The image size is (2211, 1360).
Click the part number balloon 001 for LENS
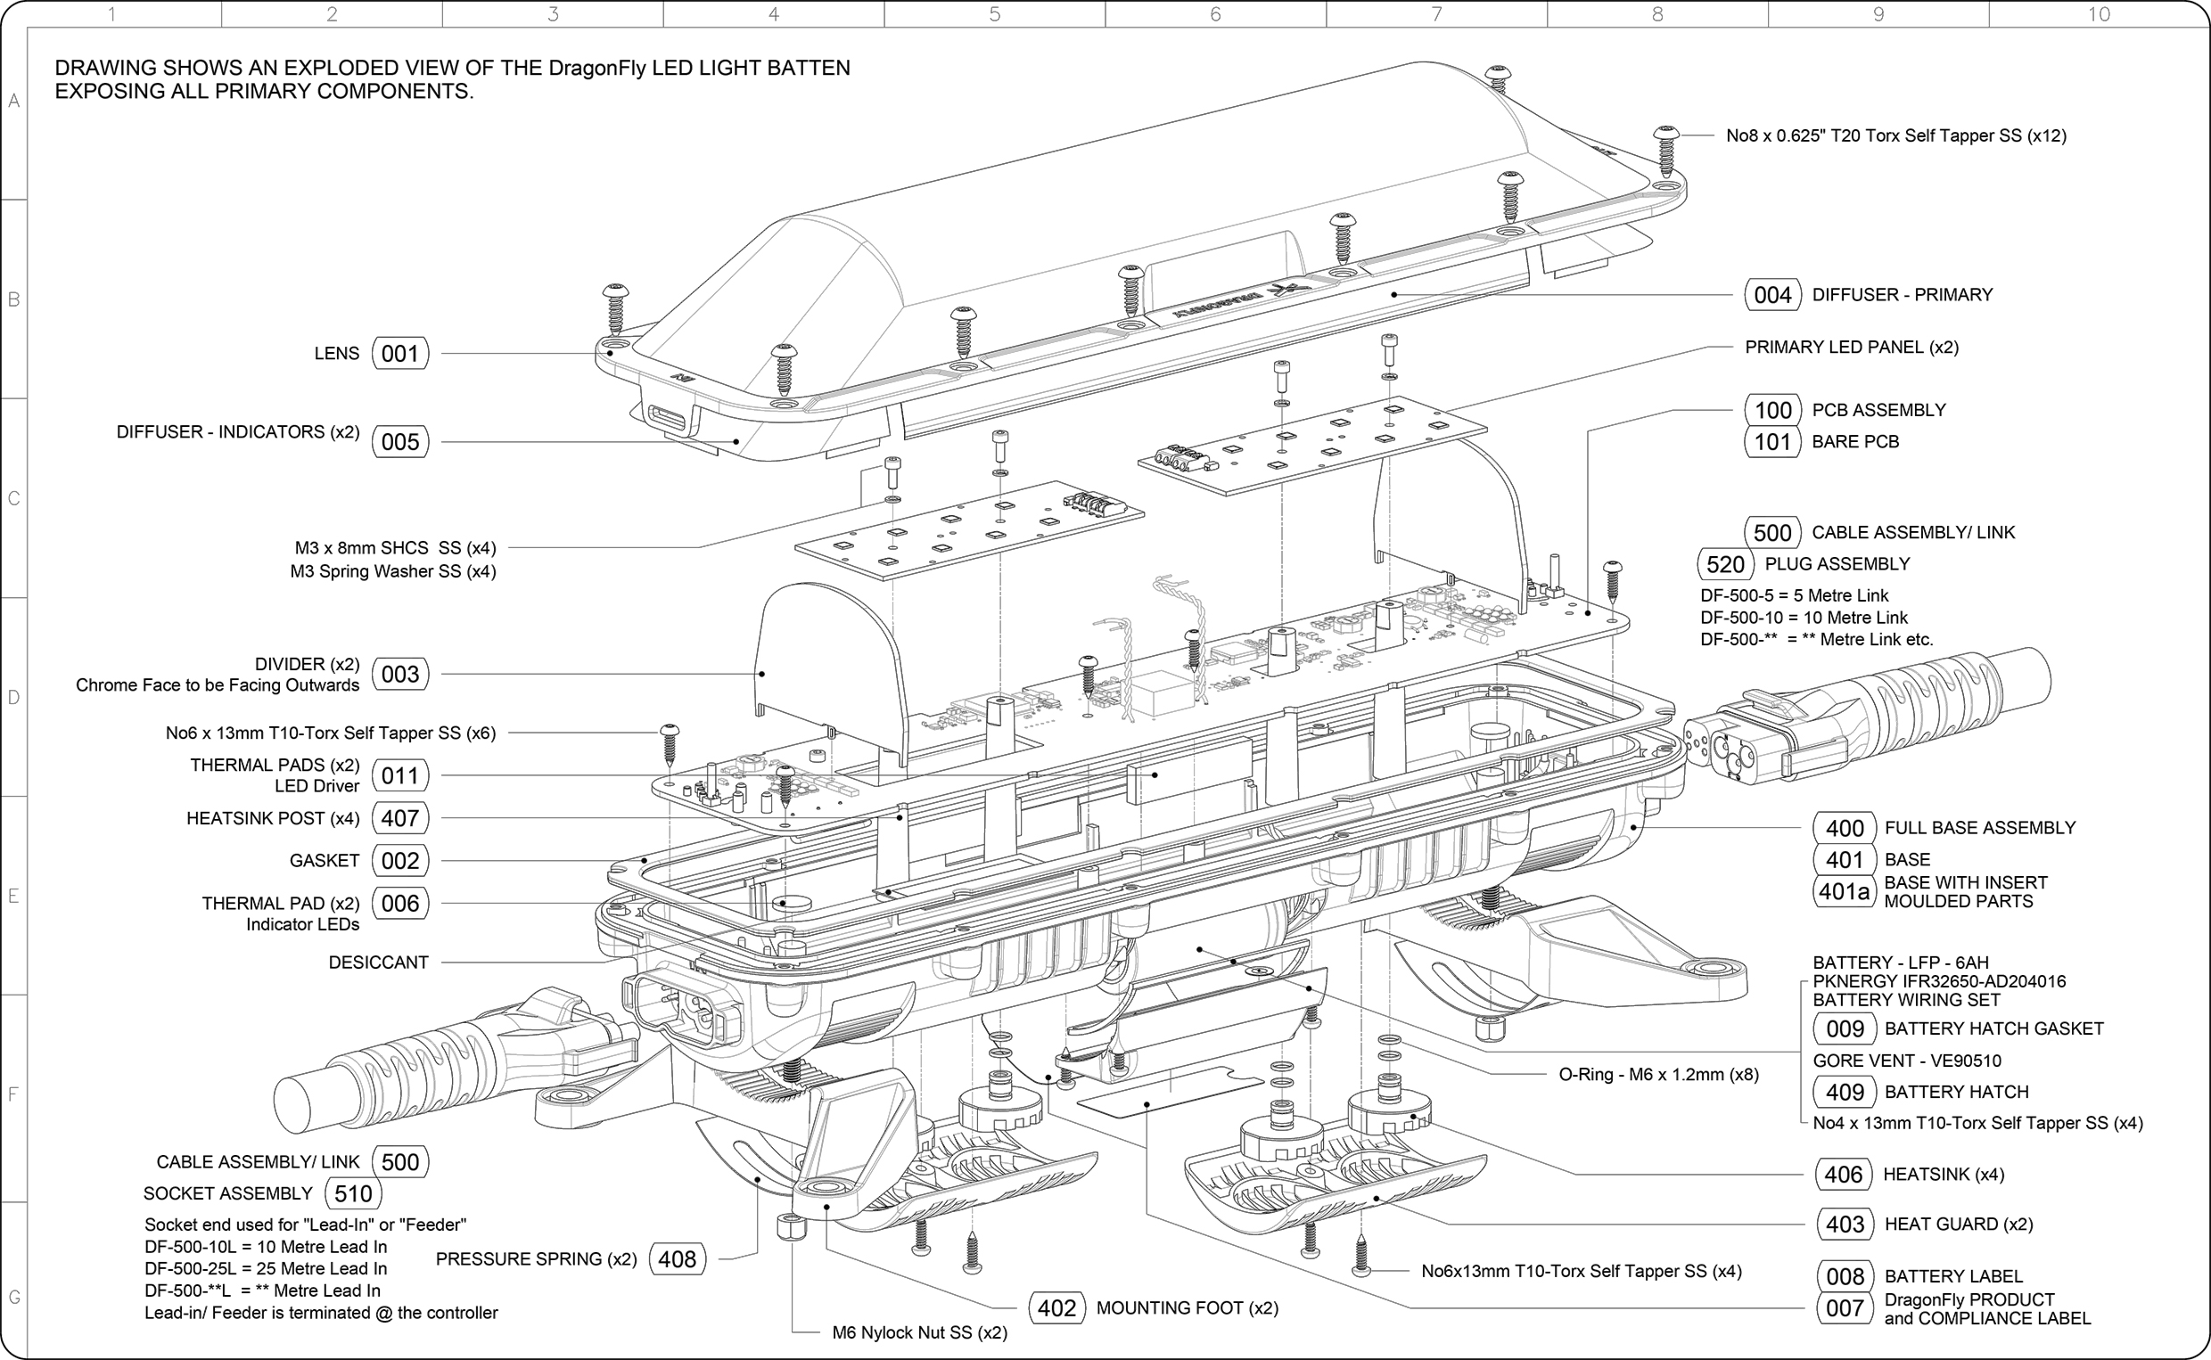coord(400,354)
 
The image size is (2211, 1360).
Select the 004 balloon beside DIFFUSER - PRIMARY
coord(1772,295)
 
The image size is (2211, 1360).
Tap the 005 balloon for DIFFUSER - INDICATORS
coord(400,442)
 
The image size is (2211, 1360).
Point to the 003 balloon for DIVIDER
coord(400,674)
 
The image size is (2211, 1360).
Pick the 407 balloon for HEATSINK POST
coord(400,818)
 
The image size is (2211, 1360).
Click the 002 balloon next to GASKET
coord(400,861)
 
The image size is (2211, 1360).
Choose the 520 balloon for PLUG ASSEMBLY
coord(1725,565)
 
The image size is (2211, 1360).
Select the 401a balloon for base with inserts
coord(1844,891)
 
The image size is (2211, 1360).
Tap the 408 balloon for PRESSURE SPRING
coord(678,1259)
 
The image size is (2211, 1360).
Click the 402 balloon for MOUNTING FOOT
coord(1057,1307)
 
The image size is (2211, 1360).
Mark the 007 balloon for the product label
coord(1845,1307)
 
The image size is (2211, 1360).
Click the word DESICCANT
coord(379,963)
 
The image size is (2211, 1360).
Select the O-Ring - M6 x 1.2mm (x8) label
coord(1657,1074)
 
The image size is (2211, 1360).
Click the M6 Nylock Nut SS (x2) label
coord(919,1332)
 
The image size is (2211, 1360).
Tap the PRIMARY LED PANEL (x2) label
coord(1851,348)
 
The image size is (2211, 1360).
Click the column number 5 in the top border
coord(994,13)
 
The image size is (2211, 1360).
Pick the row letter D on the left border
coord(13,697)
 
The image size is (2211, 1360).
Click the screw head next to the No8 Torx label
coord(1666,135)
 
